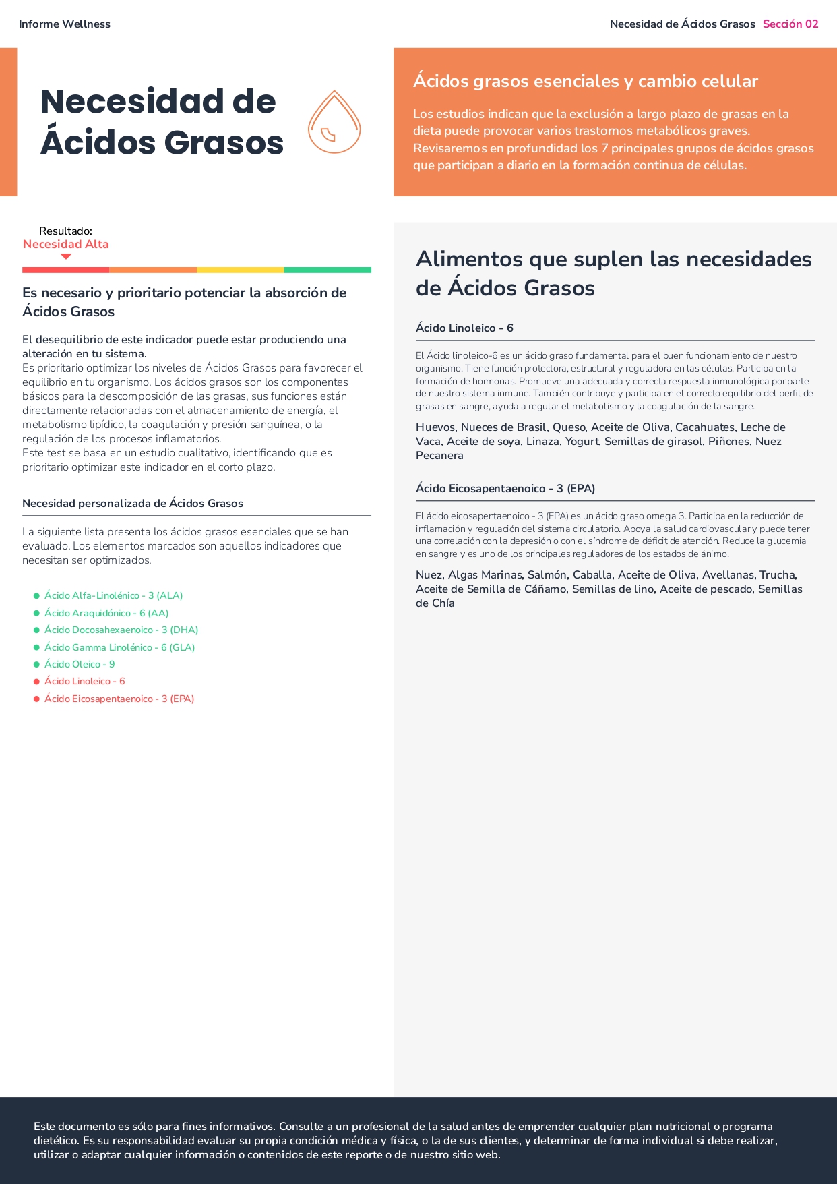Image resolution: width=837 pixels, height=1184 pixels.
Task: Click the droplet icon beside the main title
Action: tap(334, 123)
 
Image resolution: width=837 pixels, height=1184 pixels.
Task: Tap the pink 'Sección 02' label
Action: tap(790, 24)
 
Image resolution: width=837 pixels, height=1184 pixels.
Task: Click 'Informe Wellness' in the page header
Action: tap(65, 24)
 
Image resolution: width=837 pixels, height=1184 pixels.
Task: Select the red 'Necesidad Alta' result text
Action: tap(66, 244)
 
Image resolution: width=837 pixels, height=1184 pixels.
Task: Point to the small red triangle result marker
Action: tap(66, 256)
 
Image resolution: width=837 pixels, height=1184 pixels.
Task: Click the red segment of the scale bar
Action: tap(65, 270)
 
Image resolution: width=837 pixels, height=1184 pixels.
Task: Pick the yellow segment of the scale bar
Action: tap(240, 270)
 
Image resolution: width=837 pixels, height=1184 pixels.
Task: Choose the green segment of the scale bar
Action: tap(328, 270)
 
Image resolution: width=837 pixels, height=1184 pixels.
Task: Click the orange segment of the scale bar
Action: tap(153, 270)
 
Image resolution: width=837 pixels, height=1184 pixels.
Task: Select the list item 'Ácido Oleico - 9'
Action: tap(80, 664)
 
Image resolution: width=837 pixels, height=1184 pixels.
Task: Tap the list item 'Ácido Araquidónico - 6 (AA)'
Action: tap(106, 613)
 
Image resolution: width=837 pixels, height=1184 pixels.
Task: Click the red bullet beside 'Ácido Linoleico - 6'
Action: tap(36, 682)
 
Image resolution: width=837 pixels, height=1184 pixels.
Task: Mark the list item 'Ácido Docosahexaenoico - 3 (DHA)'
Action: tap(121, 630)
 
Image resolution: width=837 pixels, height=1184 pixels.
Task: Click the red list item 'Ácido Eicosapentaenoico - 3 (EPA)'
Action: tap(119, 699)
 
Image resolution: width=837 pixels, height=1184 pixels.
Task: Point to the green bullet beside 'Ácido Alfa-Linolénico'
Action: tap(36, 596)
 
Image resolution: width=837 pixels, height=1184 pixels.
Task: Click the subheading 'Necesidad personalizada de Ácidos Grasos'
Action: tap(133, 504)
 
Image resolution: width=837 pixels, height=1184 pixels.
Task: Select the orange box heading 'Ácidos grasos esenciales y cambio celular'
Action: tap(585, 82)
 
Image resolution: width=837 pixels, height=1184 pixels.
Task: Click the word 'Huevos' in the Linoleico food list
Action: tap(435, 427)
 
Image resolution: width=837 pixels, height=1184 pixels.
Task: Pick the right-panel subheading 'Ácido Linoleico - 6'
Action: tap(464, 328)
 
